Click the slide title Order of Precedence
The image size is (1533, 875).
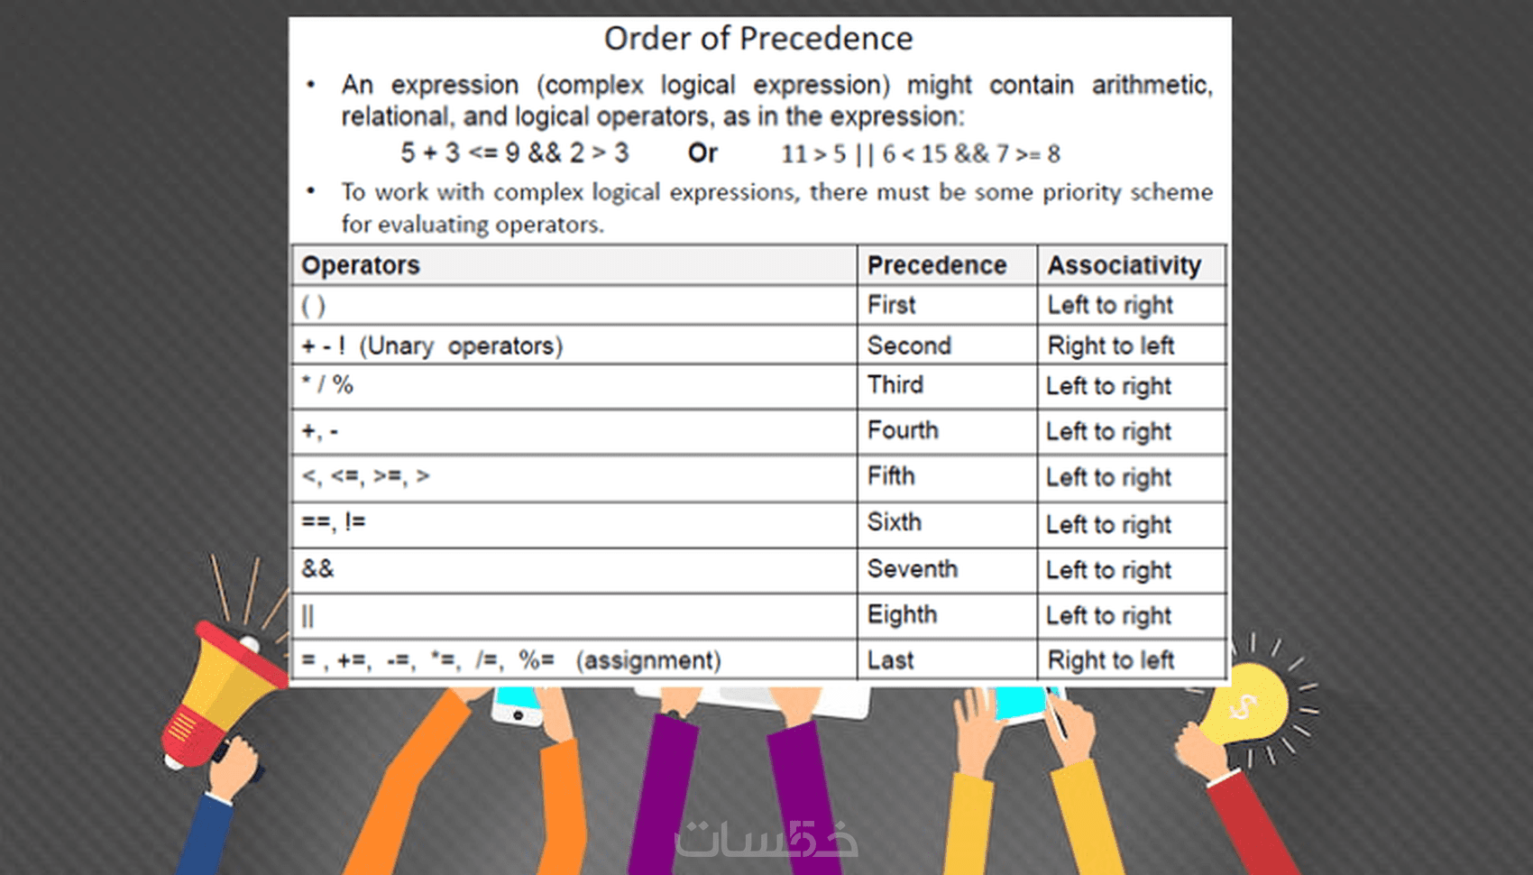point(758,39)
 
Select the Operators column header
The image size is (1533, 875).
point(361,265)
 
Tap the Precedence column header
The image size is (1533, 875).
point(936,265)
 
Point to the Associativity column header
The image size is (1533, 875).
point(1124,265)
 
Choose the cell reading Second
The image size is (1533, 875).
point(909,345)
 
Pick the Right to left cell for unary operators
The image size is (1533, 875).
point(1110,345)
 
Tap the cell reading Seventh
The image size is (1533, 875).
point(912,569)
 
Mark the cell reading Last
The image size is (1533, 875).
point(890,660)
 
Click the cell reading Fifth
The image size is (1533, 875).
point(891,476)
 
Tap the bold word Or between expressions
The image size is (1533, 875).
point(702,153)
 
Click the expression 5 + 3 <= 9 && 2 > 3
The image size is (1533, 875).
point(514,153)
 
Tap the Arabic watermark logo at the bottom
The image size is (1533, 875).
point(766,839)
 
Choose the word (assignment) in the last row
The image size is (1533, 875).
point(648,660)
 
